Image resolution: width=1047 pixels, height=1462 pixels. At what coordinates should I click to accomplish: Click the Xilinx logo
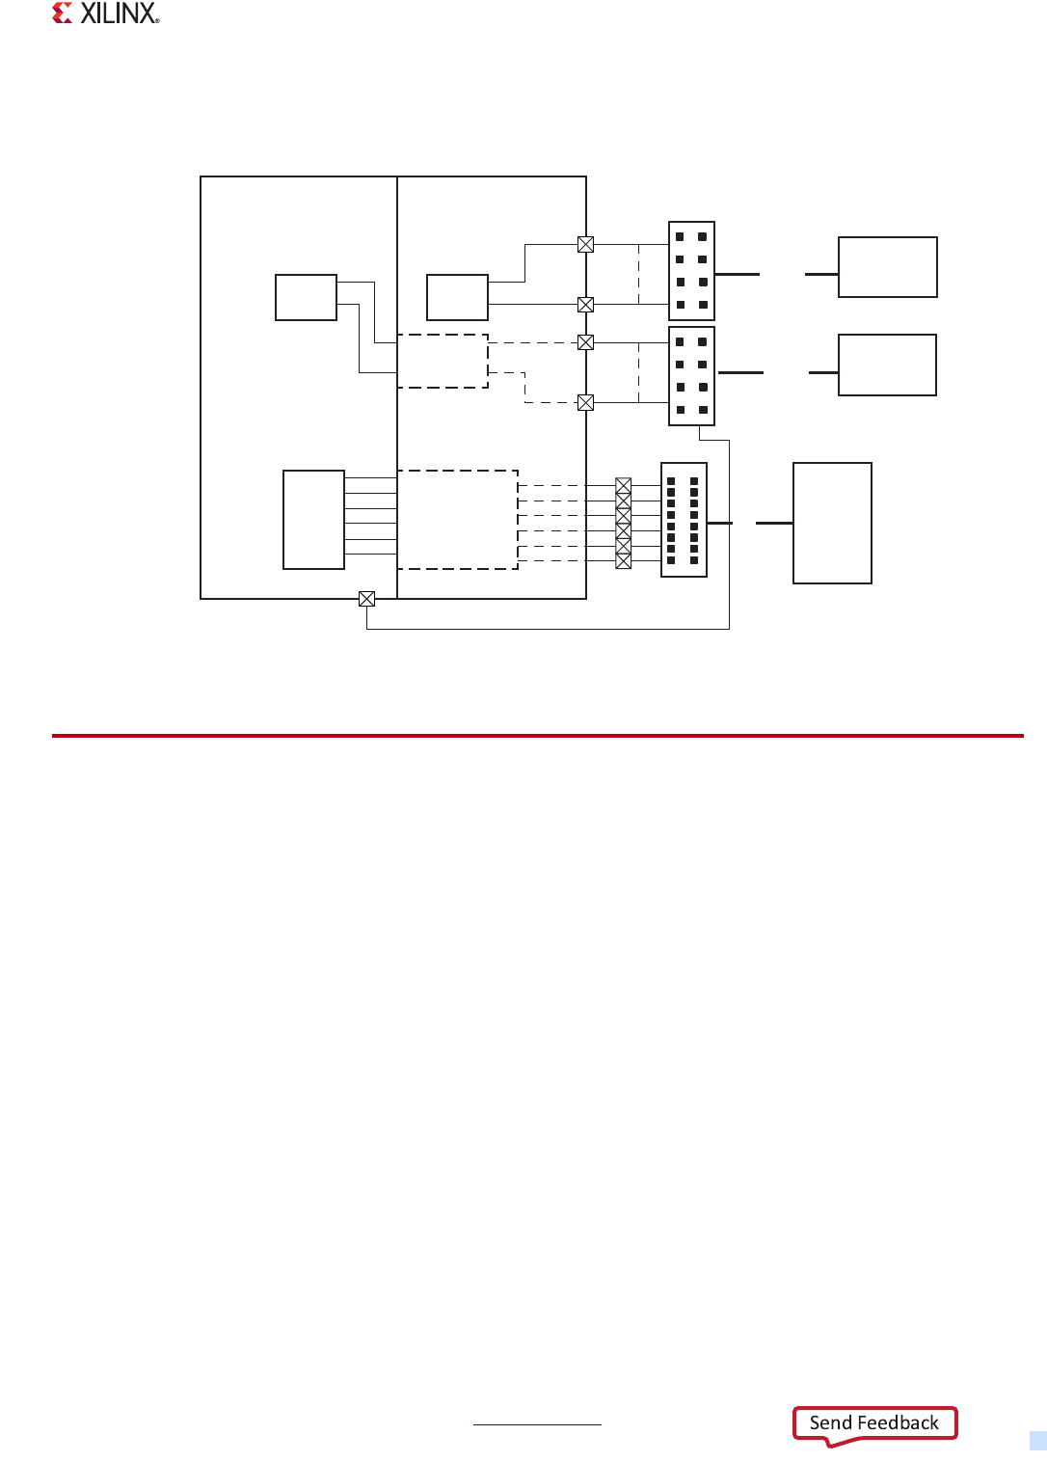click(106, 14)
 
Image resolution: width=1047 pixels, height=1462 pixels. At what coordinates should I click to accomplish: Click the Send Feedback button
click(874, 1423)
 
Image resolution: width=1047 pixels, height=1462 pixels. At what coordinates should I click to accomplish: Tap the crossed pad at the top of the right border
click(585, 245)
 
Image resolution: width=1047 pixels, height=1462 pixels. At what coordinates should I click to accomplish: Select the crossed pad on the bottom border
click(366, 599)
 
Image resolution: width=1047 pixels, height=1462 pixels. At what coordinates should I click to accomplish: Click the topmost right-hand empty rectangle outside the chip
click(887, 267)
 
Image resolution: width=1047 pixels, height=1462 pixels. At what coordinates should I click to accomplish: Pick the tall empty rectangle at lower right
click(832, 523)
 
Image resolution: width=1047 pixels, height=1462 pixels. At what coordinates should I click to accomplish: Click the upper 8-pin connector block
click(691, 270)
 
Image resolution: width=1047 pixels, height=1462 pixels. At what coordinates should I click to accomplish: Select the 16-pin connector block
click(684, 520)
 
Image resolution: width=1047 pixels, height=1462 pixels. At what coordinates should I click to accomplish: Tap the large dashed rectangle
click(458, 520)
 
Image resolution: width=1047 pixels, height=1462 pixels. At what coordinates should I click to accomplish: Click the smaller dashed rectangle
click(443, 361)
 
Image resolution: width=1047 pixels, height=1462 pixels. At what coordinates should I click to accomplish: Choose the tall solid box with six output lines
click(313, 520)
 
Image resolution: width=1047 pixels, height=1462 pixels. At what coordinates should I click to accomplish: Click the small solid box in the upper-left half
click(306, 297)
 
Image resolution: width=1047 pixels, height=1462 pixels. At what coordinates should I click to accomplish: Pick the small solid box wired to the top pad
click(457, 297)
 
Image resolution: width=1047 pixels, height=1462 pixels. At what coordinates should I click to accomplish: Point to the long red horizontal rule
click(537, 736)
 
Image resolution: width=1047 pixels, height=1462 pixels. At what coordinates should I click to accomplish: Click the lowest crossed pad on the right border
click(585, 403)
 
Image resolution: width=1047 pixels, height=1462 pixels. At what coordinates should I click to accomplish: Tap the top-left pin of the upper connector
click(680, 236)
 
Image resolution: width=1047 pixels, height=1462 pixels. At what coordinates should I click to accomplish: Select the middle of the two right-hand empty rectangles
click(887, 365)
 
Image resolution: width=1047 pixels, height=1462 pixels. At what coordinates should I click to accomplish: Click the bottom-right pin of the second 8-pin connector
click(703, 410)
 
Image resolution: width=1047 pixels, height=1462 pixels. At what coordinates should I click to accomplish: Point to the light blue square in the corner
click(1037, 1441)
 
